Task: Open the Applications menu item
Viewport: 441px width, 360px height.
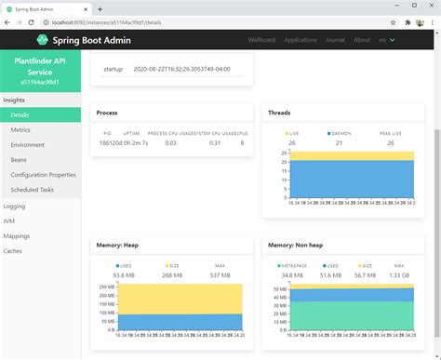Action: pyautogui.click(x=301, y=40)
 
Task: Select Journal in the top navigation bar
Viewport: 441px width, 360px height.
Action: pyautogui.click(x=335, y=40)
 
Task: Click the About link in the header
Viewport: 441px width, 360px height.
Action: pyautogui.click(x=362, y=40)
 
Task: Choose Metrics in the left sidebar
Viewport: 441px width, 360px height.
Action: pyautogui.click(x=20, y=130)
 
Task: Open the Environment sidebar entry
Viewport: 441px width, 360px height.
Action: pyautogui.click(x=27, y=145)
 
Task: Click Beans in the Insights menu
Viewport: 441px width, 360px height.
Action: pyautogui.click(x=20, y=160)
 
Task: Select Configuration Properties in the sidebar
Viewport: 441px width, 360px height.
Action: pyautogui.click(x=43, y=175)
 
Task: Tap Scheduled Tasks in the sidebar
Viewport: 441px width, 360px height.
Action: pyautogui.click(x=33, y=190)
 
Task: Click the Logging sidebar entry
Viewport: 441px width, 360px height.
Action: pyautogui.click(x=15, y=206)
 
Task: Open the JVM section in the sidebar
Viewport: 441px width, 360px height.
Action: pyautogui.click(x=10, y=220)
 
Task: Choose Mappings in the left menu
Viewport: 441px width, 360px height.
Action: pyautogui.click(x=17, y=236)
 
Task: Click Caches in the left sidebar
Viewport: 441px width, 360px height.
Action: pyautogui.click(x=14, y=251)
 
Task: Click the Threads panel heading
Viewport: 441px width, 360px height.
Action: pyautogui.click(x=279, y=113)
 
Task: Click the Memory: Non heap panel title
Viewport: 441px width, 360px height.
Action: pyautogui.click(x=297, y=246)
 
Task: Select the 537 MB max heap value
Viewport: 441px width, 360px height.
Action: pyautogui.click(x=220, y=275)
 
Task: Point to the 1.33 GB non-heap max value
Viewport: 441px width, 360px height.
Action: pyautogui.click(x=398, y=275)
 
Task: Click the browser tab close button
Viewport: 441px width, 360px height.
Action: pyautogui.click(x=90, y=7)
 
